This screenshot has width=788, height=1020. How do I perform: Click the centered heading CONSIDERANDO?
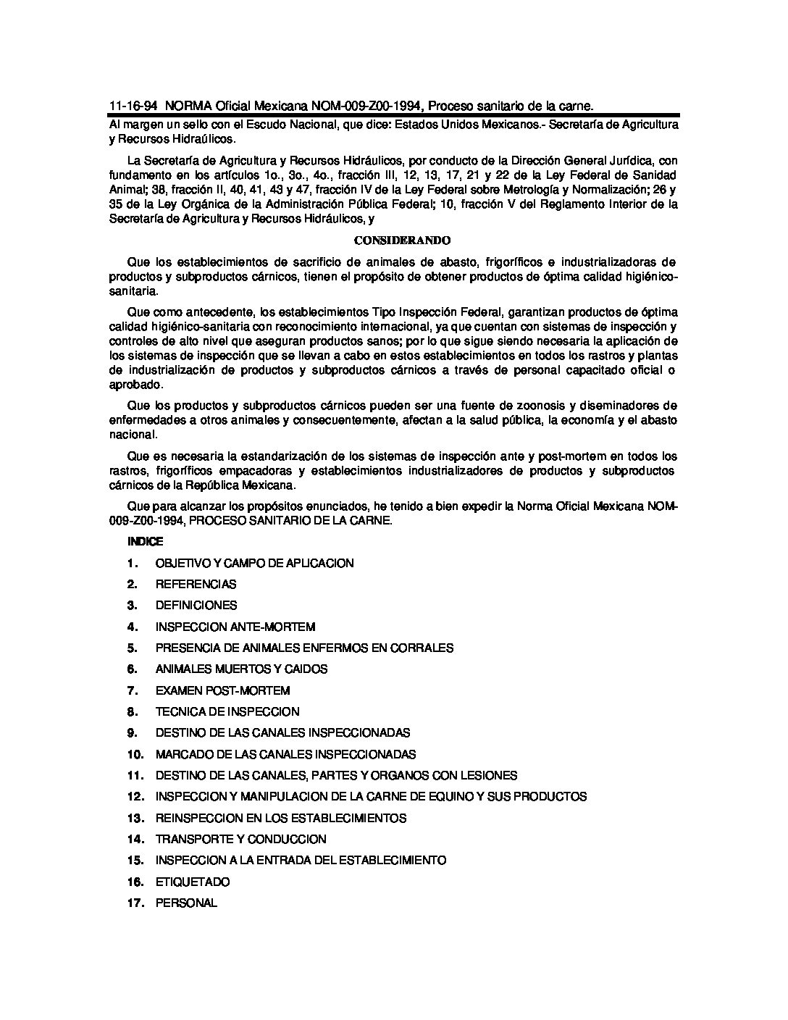[x=393, y=240]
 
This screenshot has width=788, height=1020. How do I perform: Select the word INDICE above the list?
[x=146, y=541]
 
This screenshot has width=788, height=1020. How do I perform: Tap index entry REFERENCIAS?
[x=196, y=584]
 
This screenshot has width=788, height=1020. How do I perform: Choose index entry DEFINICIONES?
[x=196, y=605]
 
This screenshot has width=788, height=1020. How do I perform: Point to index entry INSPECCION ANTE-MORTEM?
[x=235, y=627]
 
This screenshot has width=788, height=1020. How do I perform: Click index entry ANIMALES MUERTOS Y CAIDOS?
[x=241, y=669]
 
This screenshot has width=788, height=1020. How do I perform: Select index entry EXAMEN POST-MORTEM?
[x=222, y=690]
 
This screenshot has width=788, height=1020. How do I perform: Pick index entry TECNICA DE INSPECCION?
[x=227, y=711]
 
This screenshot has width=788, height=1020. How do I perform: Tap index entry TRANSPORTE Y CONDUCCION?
[x=240, y=839]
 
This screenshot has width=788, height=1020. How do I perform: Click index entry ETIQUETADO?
[x=192, y=882]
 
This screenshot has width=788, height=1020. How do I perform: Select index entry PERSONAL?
[x=186, y=903]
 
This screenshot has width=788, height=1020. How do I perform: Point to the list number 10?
[x=135, y=754]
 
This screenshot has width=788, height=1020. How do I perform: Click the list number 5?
[x=132, y=648]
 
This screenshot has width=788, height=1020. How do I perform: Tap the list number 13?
[x=135, y=818]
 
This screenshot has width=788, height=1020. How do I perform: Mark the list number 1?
[x=132, y=563]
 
